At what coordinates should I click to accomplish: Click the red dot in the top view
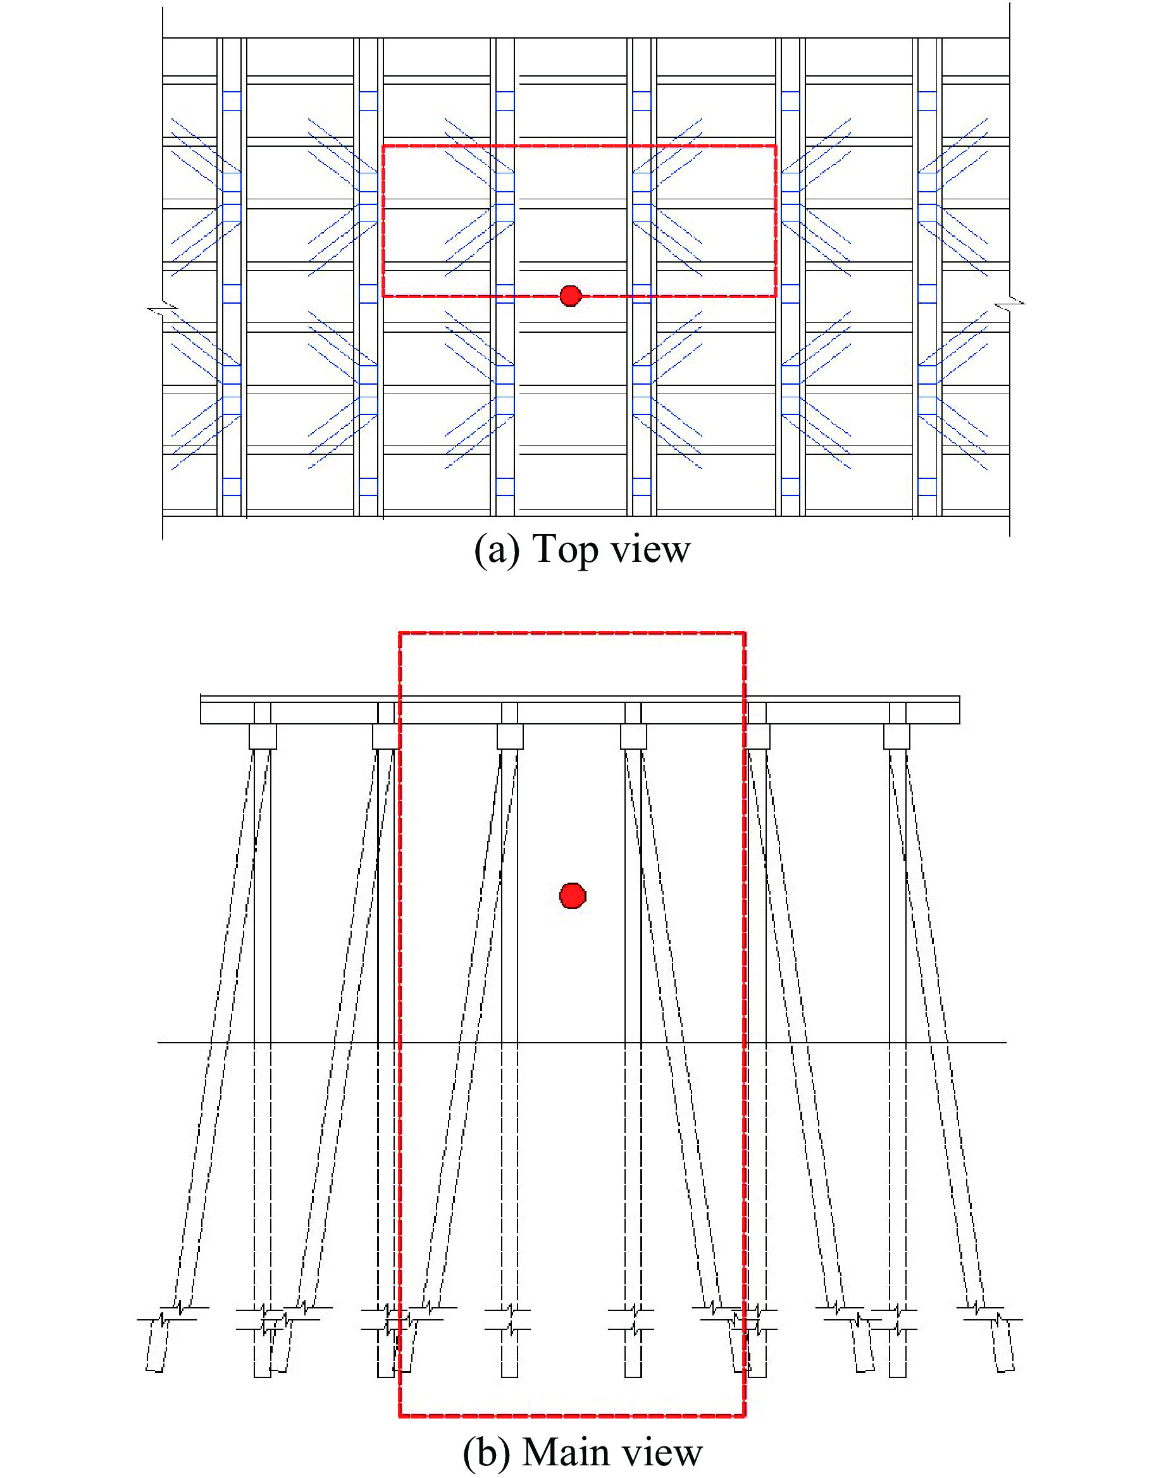pyautogui.click(x=570, y=295)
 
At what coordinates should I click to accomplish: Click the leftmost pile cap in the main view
pyautogui.click(x=262, y=736)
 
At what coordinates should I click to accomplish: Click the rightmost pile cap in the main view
pyautogui.click(x=896, y=736)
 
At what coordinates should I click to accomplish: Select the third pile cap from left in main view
pyautogui.click(x=510, y=736)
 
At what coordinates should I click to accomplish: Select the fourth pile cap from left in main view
pyautogui.click(x=633, y=736)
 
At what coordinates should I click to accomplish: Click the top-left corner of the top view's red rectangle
pyautogui.click(x=383, y=146)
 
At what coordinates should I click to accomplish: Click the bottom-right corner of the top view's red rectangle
pyautogui.click(x=776, y=295)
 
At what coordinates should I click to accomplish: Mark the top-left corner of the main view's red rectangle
pyautogui.click(x=400, y=633)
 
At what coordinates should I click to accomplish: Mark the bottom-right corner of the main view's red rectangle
pyautogui.click(x=744, y=1416)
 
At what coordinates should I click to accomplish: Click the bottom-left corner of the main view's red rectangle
pyautogui.click(x=400, y=1416)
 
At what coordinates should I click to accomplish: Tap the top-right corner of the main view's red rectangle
pyautogui.click(x=744, y=633)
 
